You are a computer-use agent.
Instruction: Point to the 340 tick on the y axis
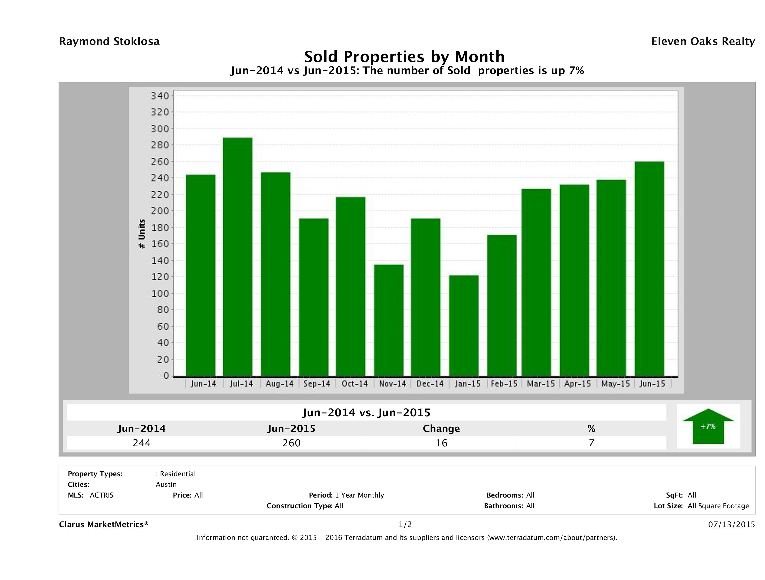coord(160,96)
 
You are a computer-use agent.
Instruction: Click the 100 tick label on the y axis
coord(160,294)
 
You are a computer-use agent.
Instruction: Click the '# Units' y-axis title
coord(142,234)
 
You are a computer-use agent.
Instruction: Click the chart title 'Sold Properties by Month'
coord(404,56)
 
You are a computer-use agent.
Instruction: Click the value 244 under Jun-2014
coord(142,443)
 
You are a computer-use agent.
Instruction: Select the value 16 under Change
coord(441,443)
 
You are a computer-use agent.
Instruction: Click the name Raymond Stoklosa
coord(109,41)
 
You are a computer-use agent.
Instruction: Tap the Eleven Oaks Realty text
coord(703,41)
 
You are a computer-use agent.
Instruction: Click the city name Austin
coord(166,484)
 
